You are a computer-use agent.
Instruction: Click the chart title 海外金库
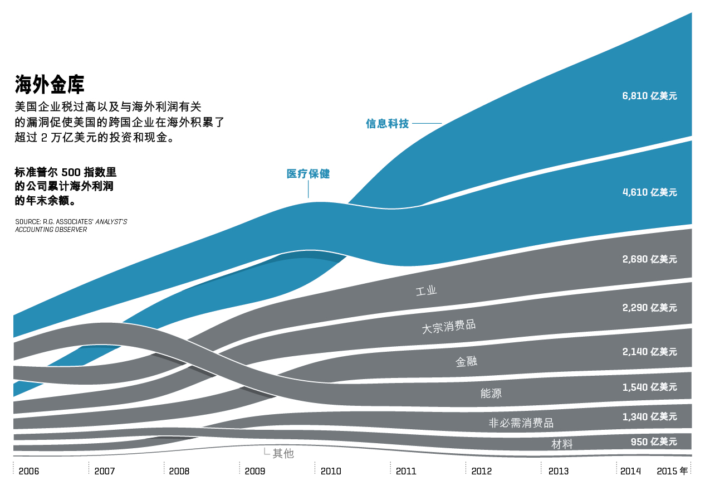pyautogui.click(x=50, y=85)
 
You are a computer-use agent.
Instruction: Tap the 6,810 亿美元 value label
pyautogui.click(x=649, y=96)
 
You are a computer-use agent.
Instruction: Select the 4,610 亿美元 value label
pyautogui.click(x=649, y=192)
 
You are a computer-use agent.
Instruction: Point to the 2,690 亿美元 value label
pyautogui.click(x=649, y=259)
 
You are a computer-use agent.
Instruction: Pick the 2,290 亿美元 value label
pyautogui.click(x=649, y=308)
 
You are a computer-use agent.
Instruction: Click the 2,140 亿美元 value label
pyautogui.click(x=649, y=352)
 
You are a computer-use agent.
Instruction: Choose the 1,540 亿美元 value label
pyautogui.click(x=649, y=387)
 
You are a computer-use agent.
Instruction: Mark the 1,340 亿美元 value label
pyautogui.click(x=649, y=416)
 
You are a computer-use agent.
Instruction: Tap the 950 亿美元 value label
pyautogui.click(x=654, y=442)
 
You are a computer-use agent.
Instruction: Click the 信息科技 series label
pyautogui.click(x=387, y=124)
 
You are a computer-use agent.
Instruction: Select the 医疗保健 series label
pyautogui.click(x=308, y=174)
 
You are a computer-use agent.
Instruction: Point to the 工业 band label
pyautogui.click(x=427, y=290)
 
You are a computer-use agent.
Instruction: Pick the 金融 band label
pyautogui.click(x=466, y=362)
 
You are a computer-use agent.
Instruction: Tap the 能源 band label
pyautogui.click(x=491, y=393)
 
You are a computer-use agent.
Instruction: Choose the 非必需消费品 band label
pyautogui.click(x=521, y=423)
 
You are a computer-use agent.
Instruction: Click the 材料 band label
pyautogui.click(x=562, y=444)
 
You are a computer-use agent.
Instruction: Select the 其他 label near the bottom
pyautogui.click(x=283, y=454)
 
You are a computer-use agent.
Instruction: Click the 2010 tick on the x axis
pyautogui.click(x=331, y=471)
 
